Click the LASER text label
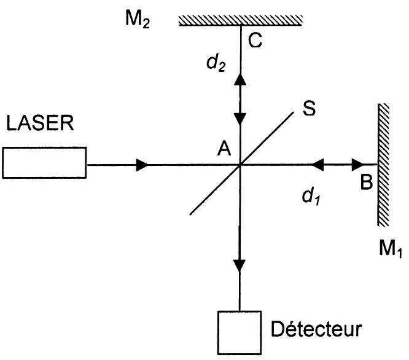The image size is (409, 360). (40, 123)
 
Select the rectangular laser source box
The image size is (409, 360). (44, 163)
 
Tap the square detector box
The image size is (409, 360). (240, 333)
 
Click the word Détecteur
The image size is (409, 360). (316, 329)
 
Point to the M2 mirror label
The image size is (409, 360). (138, 19)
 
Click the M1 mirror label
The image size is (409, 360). (390, 249)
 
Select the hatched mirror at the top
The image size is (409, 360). (241, 21)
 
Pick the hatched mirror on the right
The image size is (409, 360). (383, 165)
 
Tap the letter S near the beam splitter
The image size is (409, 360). (309, 108)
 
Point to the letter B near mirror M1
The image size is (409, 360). (367, 182)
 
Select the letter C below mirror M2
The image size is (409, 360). (255, 41)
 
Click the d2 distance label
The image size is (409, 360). (216, 63)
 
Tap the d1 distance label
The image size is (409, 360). (311, 196)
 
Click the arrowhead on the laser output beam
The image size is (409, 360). (142, 165)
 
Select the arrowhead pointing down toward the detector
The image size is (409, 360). (240, 266)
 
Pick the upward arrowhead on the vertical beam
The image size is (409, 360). (240, 79)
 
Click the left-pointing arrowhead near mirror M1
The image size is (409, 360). (317, 165)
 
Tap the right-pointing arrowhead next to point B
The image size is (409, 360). (358, 165)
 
